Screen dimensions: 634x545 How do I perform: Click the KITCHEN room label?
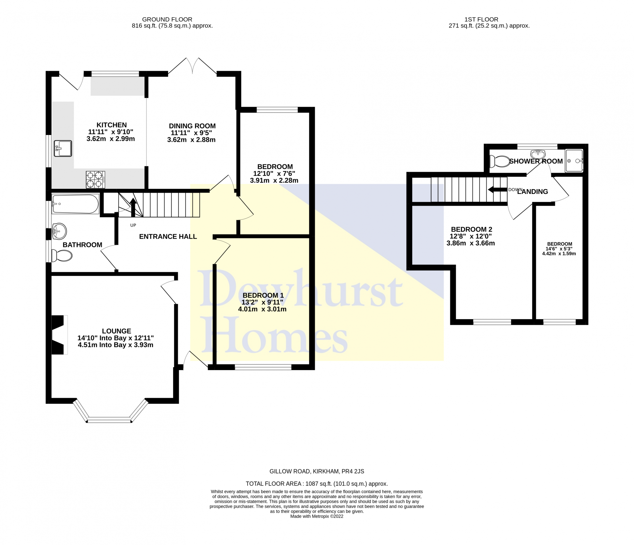pyautogui.click(x=112, y=125)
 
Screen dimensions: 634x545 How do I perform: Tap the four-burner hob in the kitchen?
pyautogui.click(x=95, y=180)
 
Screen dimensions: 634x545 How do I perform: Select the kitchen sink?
pyautogui.click(x=63, y=148)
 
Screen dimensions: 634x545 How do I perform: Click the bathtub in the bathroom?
pyautogui.click(x=75, y=204)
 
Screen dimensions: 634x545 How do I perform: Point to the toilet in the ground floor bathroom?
pyautogui.click(x=62, y=256)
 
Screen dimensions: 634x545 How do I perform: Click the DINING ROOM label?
pyautogui.click(x=192, y=126)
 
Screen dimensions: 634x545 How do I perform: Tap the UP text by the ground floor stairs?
pyautogui.click(x=133, y=225)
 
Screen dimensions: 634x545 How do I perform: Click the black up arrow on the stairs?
pyautogui.click(x=133, y=207)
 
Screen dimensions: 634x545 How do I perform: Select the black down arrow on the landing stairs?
pyautogui.click(x=497, y=190)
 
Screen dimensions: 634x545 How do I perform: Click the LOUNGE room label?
pyautogui.click(x=116, y=331)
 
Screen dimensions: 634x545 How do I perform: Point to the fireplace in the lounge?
pyautogui.click(x=60, y=335)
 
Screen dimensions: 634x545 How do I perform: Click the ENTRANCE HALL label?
pyautogui.click(x=168, y=237)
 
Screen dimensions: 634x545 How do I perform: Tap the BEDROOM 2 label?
pyautogui.click(x=471, y=229)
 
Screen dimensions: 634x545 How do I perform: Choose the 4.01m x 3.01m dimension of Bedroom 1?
pyautogui.click(x=262, y=309)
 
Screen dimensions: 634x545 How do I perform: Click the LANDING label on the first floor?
pyautogui.click(x=533, y=192)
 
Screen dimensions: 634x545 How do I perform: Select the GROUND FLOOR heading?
pyautogui.click(x=167, y=20)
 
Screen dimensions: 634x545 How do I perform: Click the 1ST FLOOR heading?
pyautogui.click(x=481, y=20)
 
